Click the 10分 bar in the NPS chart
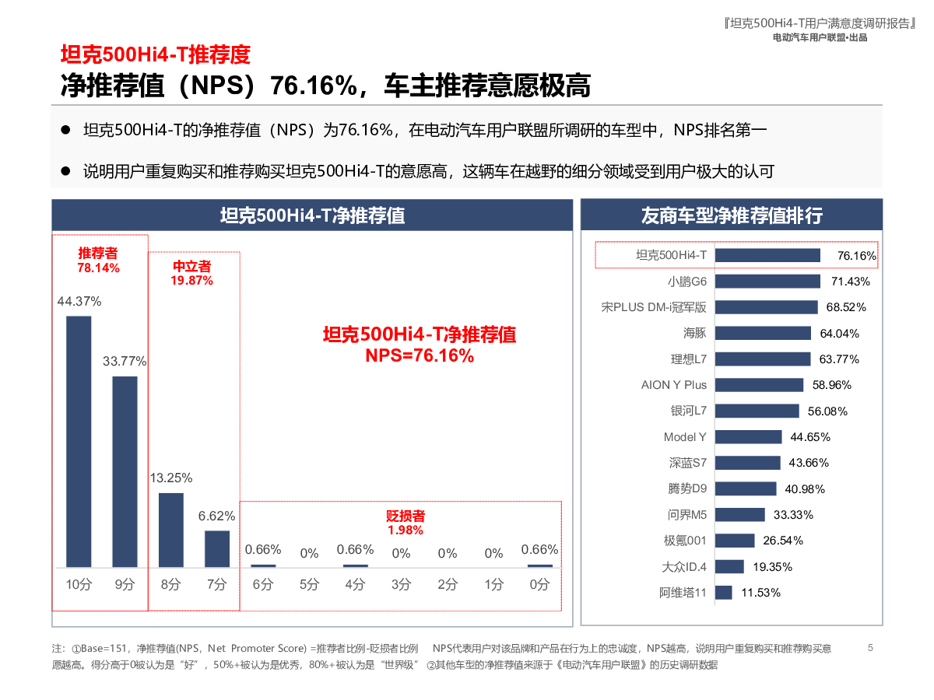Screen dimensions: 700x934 (79, 441)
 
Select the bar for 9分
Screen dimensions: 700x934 (125, 471)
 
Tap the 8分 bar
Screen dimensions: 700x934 (171, 530)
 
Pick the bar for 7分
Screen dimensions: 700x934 (217, 548)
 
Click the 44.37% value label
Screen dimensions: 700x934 (79, 301)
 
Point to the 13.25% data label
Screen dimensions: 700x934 (171, 478)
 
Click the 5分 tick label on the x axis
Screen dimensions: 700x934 (309, 584)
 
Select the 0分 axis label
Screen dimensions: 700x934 (539, 584)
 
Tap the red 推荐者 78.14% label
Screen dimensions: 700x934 (98, 261)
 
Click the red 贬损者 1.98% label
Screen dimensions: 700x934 (406, 523)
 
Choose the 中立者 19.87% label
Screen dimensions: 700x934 (191, 274)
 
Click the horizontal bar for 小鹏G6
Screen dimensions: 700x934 (767, 281)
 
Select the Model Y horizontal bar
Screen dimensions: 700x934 (748, 437)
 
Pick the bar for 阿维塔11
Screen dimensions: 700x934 (723, 593)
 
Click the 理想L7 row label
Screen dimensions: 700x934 (689, 359)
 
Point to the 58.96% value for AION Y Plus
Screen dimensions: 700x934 (831, 385)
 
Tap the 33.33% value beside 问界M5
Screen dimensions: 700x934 (793, 515)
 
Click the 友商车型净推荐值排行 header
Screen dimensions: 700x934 (732, 215)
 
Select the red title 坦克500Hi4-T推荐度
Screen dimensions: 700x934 (156, 54)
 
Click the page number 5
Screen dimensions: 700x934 (870, 647)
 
